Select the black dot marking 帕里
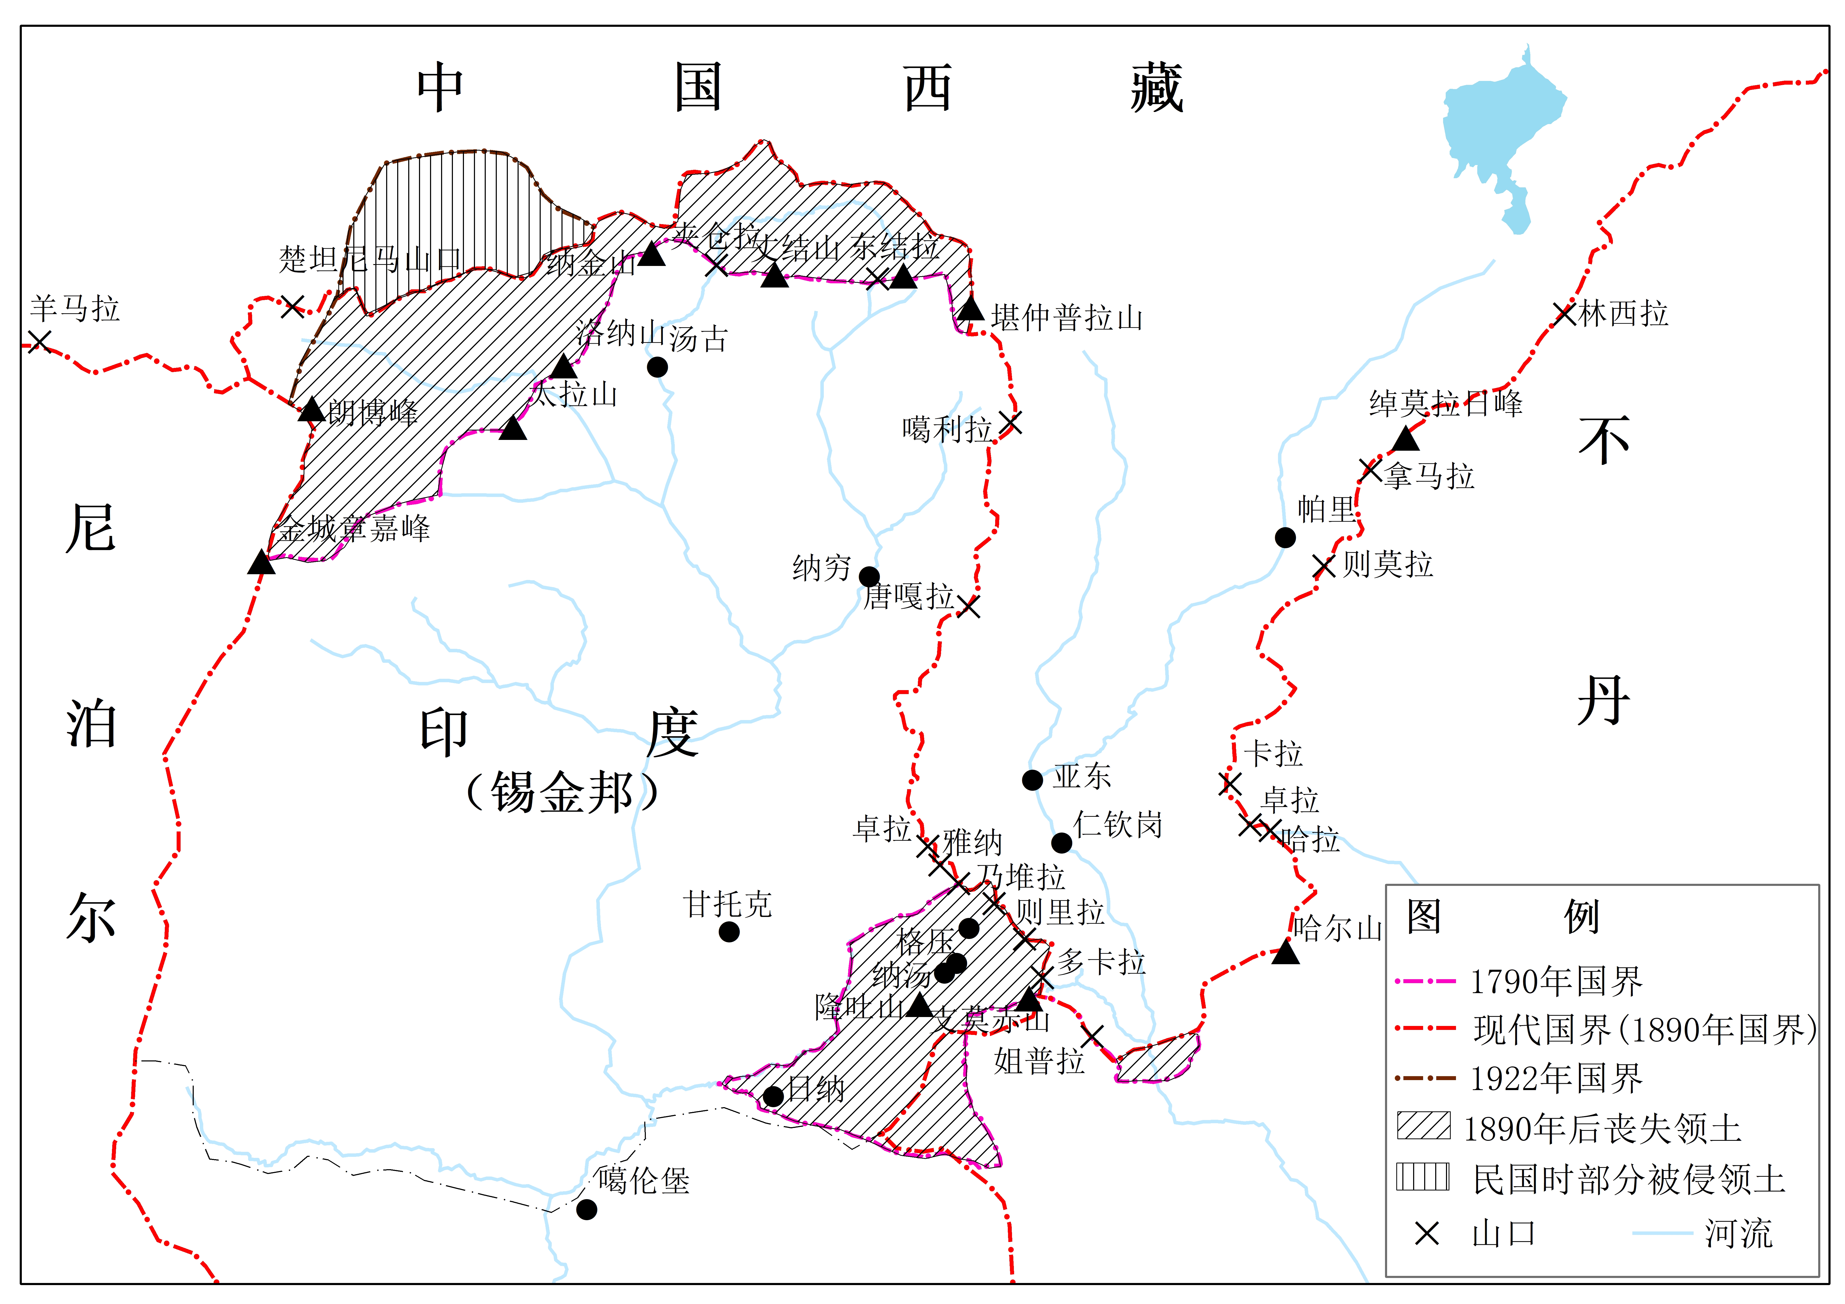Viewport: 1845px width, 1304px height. tap(1285, 537)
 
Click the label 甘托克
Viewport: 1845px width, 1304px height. tap(727, 905)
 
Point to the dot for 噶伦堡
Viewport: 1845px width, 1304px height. tap(587, 1209)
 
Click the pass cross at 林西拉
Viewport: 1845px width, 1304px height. tap(1564, 313)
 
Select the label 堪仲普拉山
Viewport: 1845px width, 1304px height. tap(1067, 318)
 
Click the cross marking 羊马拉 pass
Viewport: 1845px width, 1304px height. tap(39, 341)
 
